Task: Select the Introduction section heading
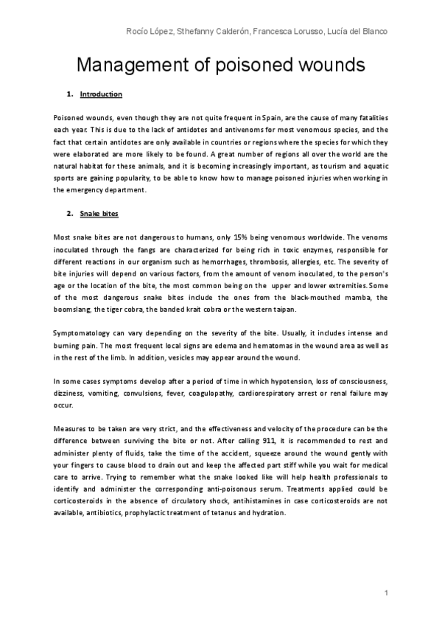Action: pos(101,94)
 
